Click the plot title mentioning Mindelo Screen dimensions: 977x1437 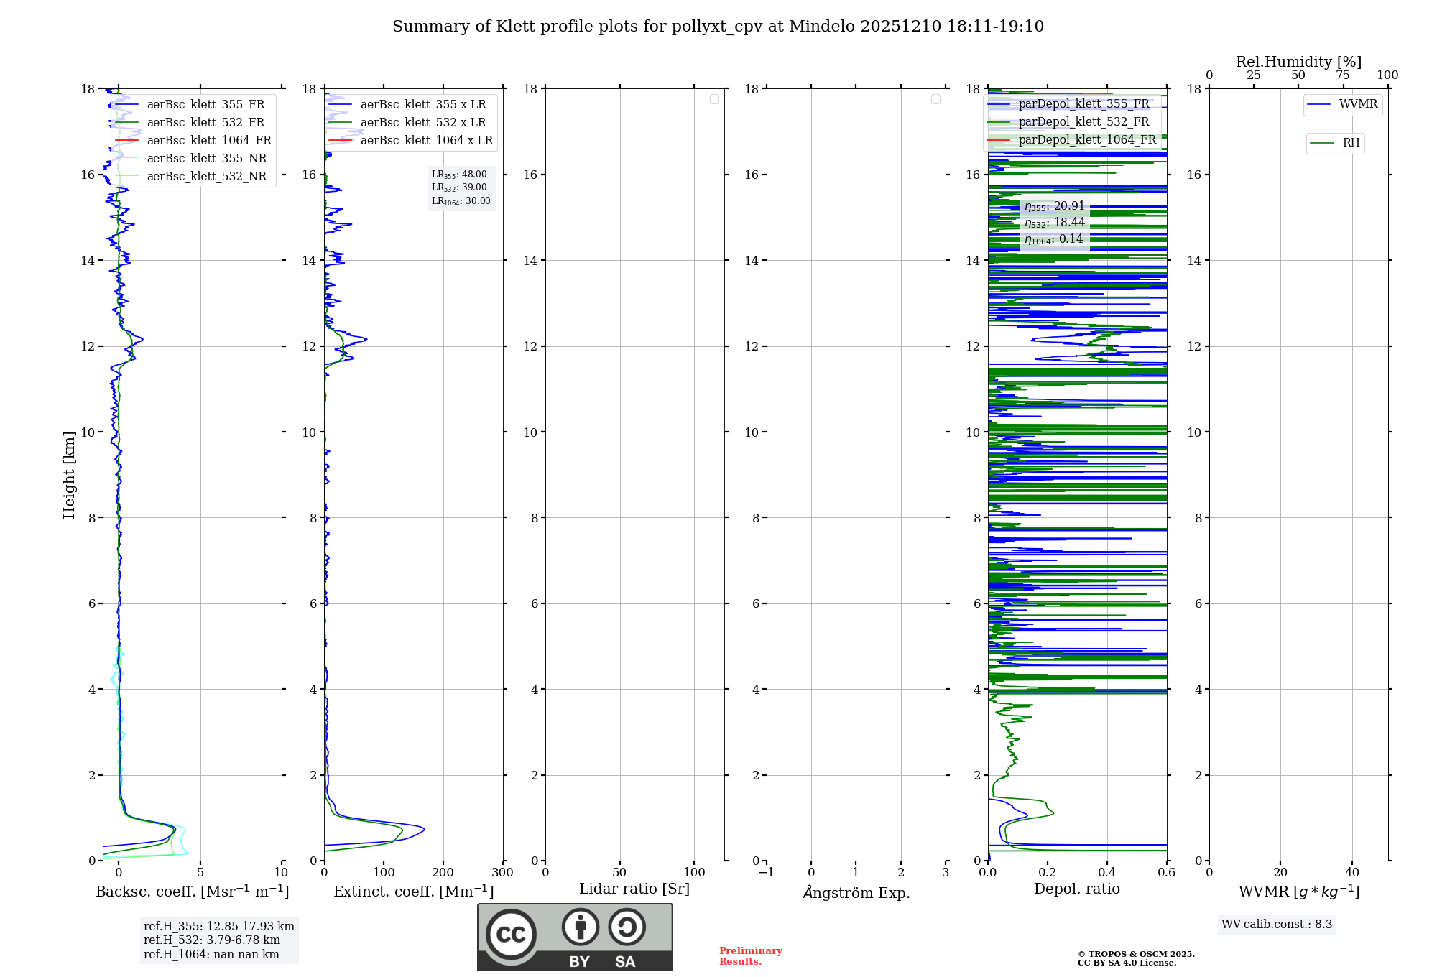click(718, 27)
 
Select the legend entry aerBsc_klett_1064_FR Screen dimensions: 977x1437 click(208, 141)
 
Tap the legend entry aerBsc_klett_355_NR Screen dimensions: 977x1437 click(206, 159)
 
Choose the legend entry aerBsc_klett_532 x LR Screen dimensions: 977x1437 click(422, 123)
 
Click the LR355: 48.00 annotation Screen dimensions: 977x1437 click(459, 175)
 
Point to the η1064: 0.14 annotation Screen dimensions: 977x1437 click(1053, 239)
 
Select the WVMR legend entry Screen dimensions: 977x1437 click(1357, 104)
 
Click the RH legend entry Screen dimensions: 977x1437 click(1350, 143)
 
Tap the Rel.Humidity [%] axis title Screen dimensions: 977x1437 click(1298, 62)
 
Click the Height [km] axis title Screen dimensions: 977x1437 click(69, 475)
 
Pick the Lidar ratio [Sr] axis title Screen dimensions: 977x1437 click(634, 889)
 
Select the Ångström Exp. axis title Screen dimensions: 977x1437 click(856, 893)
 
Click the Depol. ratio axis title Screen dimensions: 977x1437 click(1076, 889)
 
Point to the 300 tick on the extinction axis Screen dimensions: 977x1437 click(503, 873)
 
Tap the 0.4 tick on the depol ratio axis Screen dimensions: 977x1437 click(1107, 873)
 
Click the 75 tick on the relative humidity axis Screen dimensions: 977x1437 click(1343, 75)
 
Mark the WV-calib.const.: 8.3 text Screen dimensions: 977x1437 click(1276, 925)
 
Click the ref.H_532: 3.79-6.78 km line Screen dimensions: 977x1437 click(212, 940)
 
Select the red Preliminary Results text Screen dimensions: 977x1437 click(750, 956)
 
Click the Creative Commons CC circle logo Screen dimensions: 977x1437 click(511, 935)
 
